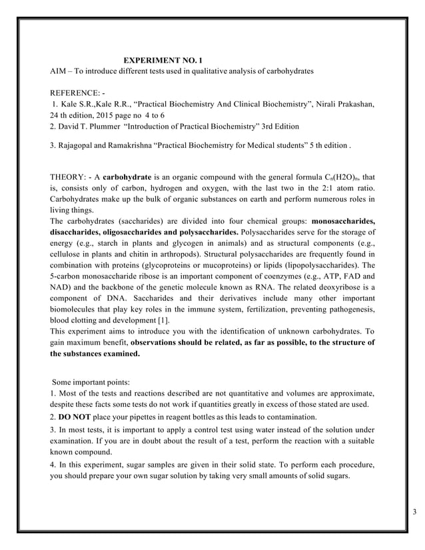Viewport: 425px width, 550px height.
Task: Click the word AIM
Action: pos(59,71)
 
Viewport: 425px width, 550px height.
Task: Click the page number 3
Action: pos(414,511)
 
